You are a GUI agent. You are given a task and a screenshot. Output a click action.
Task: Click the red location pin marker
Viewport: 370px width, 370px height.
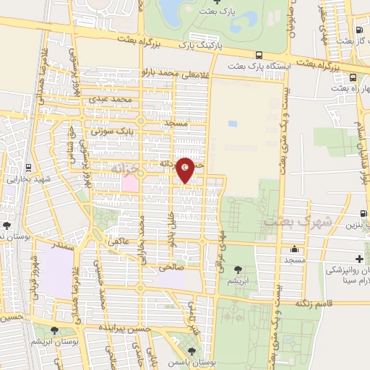pyautogui.click(x=186, y=169)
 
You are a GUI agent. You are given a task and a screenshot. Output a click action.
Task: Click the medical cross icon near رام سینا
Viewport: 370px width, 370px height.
pyautogui.click(x=359, y=259)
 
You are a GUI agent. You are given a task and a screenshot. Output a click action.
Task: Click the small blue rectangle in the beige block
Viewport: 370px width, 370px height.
pyautogui.click(x=232, y=123)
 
